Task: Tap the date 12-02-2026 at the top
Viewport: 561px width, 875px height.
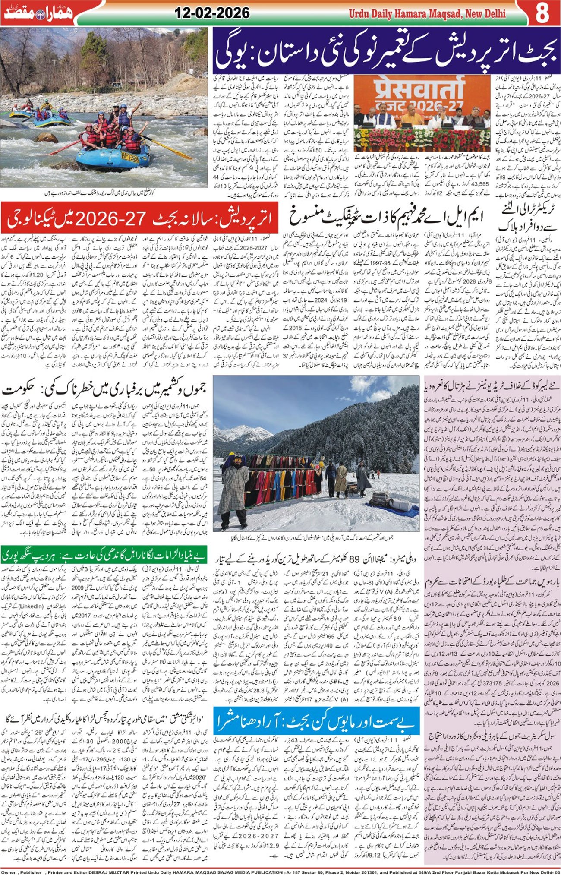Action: tap(212, 13)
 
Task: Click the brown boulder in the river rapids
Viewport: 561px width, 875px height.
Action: tap(47, 138)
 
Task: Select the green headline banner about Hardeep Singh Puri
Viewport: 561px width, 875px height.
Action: tap(104, 555)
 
